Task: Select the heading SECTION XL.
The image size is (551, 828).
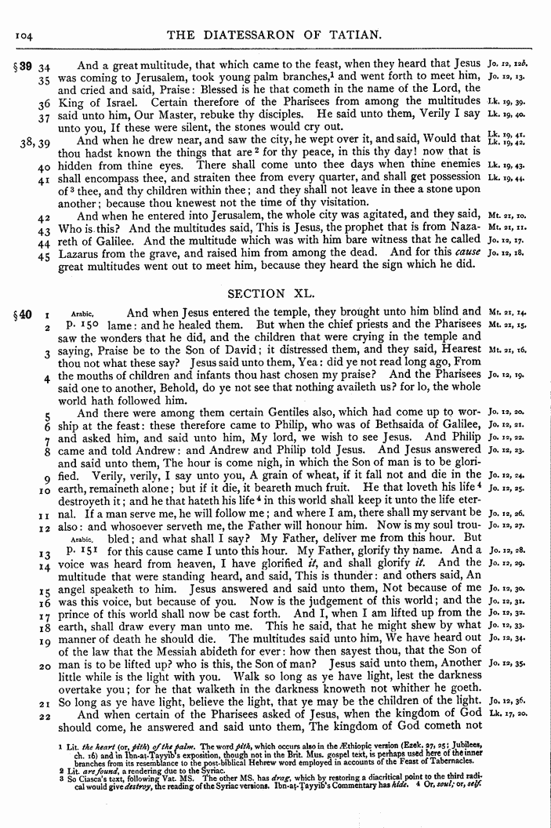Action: point(276,293)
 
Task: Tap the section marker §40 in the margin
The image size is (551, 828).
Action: point(20,316)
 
